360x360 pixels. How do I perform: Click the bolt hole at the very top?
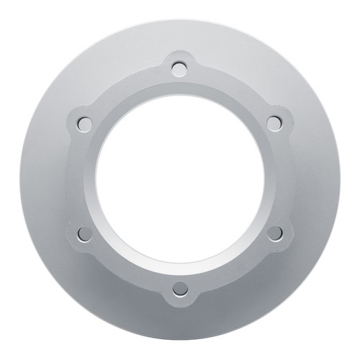pyautogui.click(x=180, y=68)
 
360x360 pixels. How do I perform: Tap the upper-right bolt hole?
pyautogui.click(x=274, y=123)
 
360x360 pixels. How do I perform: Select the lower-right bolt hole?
pyautogui.click(x=274, y=233)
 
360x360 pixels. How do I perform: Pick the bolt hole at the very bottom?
pyautogui.click(x=180, y=288)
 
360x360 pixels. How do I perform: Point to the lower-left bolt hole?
pyautogui.click(x=85, y=233)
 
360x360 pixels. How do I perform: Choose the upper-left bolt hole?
pyautogui.click(x=85, y=123)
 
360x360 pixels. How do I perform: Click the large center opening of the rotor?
pyautogui.click(x=180, y=178)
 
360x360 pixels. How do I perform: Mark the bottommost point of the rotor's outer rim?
pyautogui.click(x=180, y=339)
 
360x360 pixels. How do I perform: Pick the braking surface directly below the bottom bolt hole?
pyautogui.click(x=180, y=320)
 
